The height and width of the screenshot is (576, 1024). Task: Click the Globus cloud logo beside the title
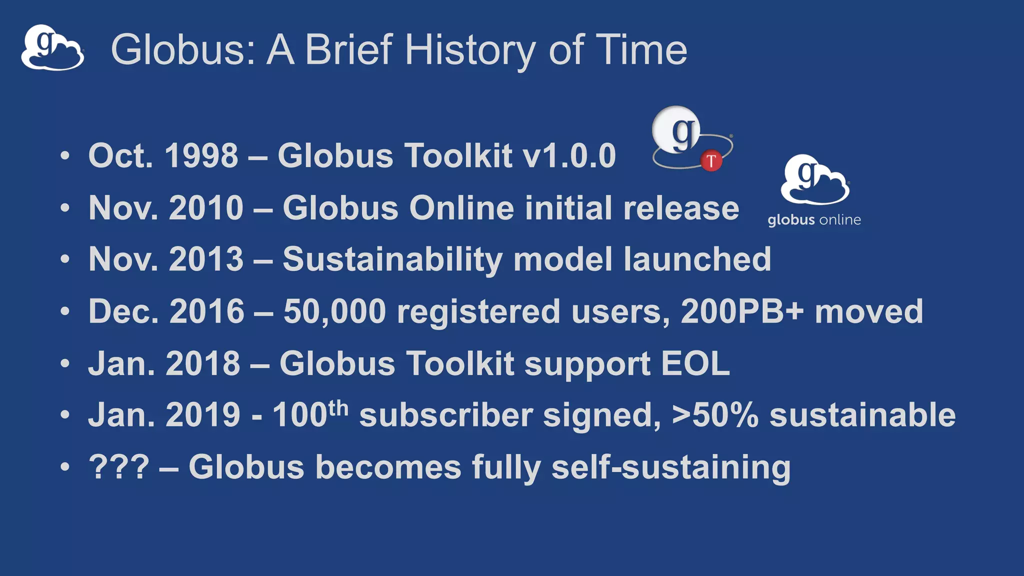pos(52,48)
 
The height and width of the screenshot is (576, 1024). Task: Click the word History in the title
pos(470,50)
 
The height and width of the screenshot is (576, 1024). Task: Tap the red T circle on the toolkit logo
pos(711,161)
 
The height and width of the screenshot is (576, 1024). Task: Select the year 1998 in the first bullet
pos(201,155)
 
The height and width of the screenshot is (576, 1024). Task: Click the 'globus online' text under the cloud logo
pos(814,220)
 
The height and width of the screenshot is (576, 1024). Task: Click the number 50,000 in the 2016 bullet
pos(334,311)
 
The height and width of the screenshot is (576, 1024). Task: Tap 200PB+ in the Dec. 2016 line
pos(742,311)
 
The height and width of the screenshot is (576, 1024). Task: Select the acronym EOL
pos(695,363)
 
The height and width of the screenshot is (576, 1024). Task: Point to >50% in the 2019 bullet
pos(715,415)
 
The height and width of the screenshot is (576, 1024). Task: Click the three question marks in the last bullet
pos(119,467)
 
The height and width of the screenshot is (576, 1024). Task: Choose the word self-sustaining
pos(671,468)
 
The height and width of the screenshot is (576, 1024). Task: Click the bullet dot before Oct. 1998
pos(65,155)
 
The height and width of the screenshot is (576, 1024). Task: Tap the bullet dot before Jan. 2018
pos(65,363)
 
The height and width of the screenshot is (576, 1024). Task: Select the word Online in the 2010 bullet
pos(461,207)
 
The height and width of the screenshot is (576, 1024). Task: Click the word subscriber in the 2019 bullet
pos(445,415)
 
